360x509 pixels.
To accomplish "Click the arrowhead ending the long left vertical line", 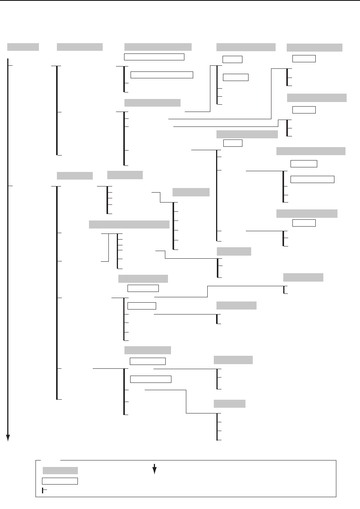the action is tap(8, 438).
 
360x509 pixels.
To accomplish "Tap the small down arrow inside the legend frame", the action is tap(155, 469).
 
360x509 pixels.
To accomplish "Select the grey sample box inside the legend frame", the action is tap(60, 470).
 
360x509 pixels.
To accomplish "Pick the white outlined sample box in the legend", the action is tap(60, 481).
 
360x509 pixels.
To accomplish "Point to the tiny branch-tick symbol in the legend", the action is tap(44, 490).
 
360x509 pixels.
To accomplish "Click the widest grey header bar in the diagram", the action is tap(129, 224).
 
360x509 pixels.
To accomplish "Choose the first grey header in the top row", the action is tap(23, 47).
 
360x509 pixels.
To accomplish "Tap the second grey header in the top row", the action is tap(79, 47).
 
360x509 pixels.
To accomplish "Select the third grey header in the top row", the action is tap(158, 47).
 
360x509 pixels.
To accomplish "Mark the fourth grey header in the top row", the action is tap(246, 47).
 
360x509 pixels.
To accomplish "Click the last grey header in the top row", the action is tap(314, 47).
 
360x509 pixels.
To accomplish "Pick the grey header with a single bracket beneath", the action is tap(303, 277).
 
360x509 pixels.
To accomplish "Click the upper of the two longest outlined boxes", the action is tap(154, 57).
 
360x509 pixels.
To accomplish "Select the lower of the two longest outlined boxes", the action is tap(161, 75).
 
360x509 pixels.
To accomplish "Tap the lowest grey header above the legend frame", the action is tap(229, 404).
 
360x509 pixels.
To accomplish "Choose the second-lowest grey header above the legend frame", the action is tap(233, 360).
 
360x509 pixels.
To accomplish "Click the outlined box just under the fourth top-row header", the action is tap(232, 59).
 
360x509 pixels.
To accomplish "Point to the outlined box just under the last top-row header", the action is tap(304, 58).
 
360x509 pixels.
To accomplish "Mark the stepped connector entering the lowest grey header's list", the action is tap(186, 401).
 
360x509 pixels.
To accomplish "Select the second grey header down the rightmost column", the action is tap(316, 98).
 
